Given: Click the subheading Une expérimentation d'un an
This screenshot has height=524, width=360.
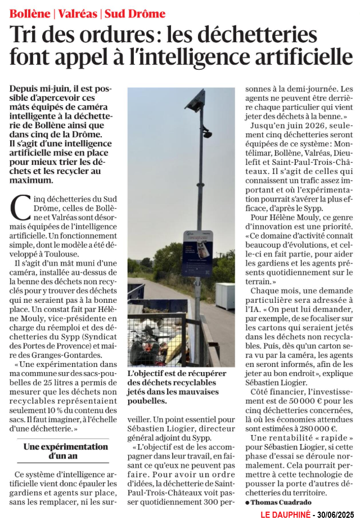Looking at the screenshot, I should pos(66,450).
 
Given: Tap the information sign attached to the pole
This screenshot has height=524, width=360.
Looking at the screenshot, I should pos(197,253).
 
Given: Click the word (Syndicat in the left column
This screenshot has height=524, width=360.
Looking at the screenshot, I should pos(92,337).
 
